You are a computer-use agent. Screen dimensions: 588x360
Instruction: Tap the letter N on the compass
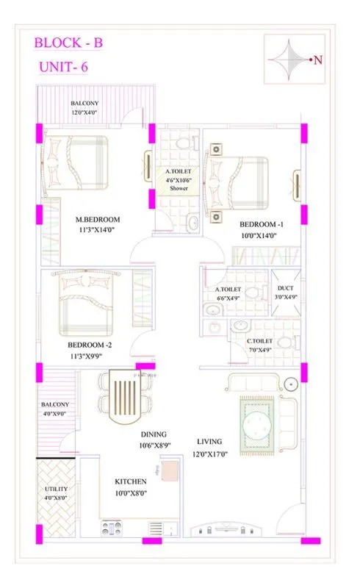click(x=318, y=61)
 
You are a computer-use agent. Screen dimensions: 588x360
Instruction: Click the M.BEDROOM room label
click(x=98, y=219)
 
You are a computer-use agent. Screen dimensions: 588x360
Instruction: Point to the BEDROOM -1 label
click(x=260, y=223)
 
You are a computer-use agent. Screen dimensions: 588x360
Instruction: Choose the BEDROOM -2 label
click(x=90, y=345)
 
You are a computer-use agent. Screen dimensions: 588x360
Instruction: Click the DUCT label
click(x=283, y=290)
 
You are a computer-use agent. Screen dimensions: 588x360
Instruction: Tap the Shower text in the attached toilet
click(x=179, y=188)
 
